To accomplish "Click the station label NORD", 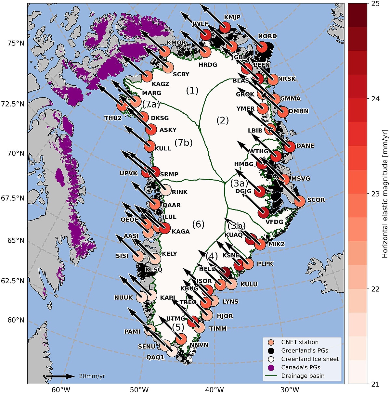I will coord(267,36).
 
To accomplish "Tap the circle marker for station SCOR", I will coord(299,201).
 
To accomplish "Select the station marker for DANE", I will coord(290,147).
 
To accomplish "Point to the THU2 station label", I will coord(113,118).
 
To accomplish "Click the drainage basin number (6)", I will coord(198,224).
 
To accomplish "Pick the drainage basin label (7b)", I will coord(184,142).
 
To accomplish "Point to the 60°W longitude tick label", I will coord(60,389).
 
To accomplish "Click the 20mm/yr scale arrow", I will coord(60,376).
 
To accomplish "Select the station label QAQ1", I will coord(155,357).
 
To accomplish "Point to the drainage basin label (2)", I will coord(223,120).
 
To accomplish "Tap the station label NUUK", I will coord(123,298).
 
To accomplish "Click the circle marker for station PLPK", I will coord(248,263).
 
